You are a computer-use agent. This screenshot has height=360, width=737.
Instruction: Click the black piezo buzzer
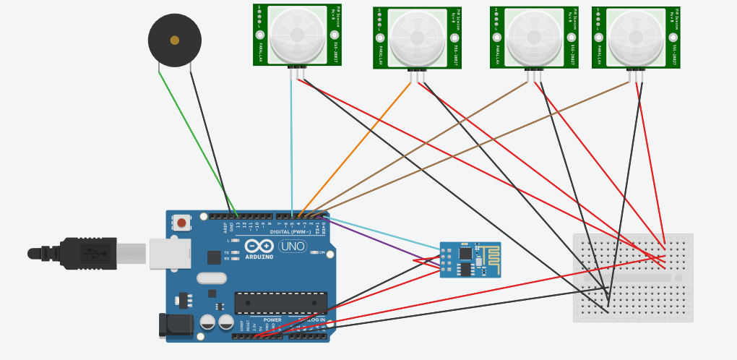coord(174,40)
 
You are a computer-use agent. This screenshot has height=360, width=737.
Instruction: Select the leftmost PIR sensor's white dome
coord(297,33)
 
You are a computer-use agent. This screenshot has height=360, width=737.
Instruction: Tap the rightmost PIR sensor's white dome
coord(636,36)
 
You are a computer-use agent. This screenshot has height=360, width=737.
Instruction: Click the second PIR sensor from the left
coord(417,38)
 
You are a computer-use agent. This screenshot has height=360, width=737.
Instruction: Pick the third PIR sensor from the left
coord(534,37)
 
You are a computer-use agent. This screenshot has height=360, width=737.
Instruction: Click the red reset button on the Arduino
coord(181,223)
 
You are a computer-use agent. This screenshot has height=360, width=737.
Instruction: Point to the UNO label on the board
coord(293,247)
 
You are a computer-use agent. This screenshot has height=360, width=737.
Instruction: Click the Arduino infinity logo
coord(259,246)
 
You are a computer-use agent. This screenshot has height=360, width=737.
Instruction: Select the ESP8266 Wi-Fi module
coord(470,260)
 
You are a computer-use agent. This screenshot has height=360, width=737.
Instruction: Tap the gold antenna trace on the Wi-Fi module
coord(489,255)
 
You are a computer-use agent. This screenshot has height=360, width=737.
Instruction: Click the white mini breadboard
coord(633,278)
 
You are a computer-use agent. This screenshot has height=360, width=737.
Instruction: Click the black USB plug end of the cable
coord(87,253)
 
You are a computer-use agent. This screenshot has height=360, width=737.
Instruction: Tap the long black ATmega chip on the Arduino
coord(280,303)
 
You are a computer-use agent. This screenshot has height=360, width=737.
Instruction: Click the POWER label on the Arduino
coord(272,320)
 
